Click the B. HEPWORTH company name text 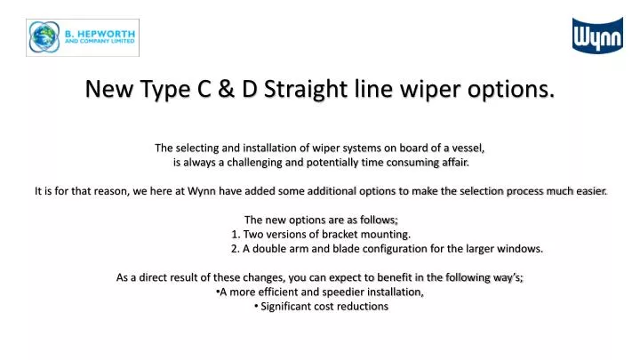98,31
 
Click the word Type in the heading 156,90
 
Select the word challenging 251,163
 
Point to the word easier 587,191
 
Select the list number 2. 236,248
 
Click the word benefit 392,277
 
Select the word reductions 358,306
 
